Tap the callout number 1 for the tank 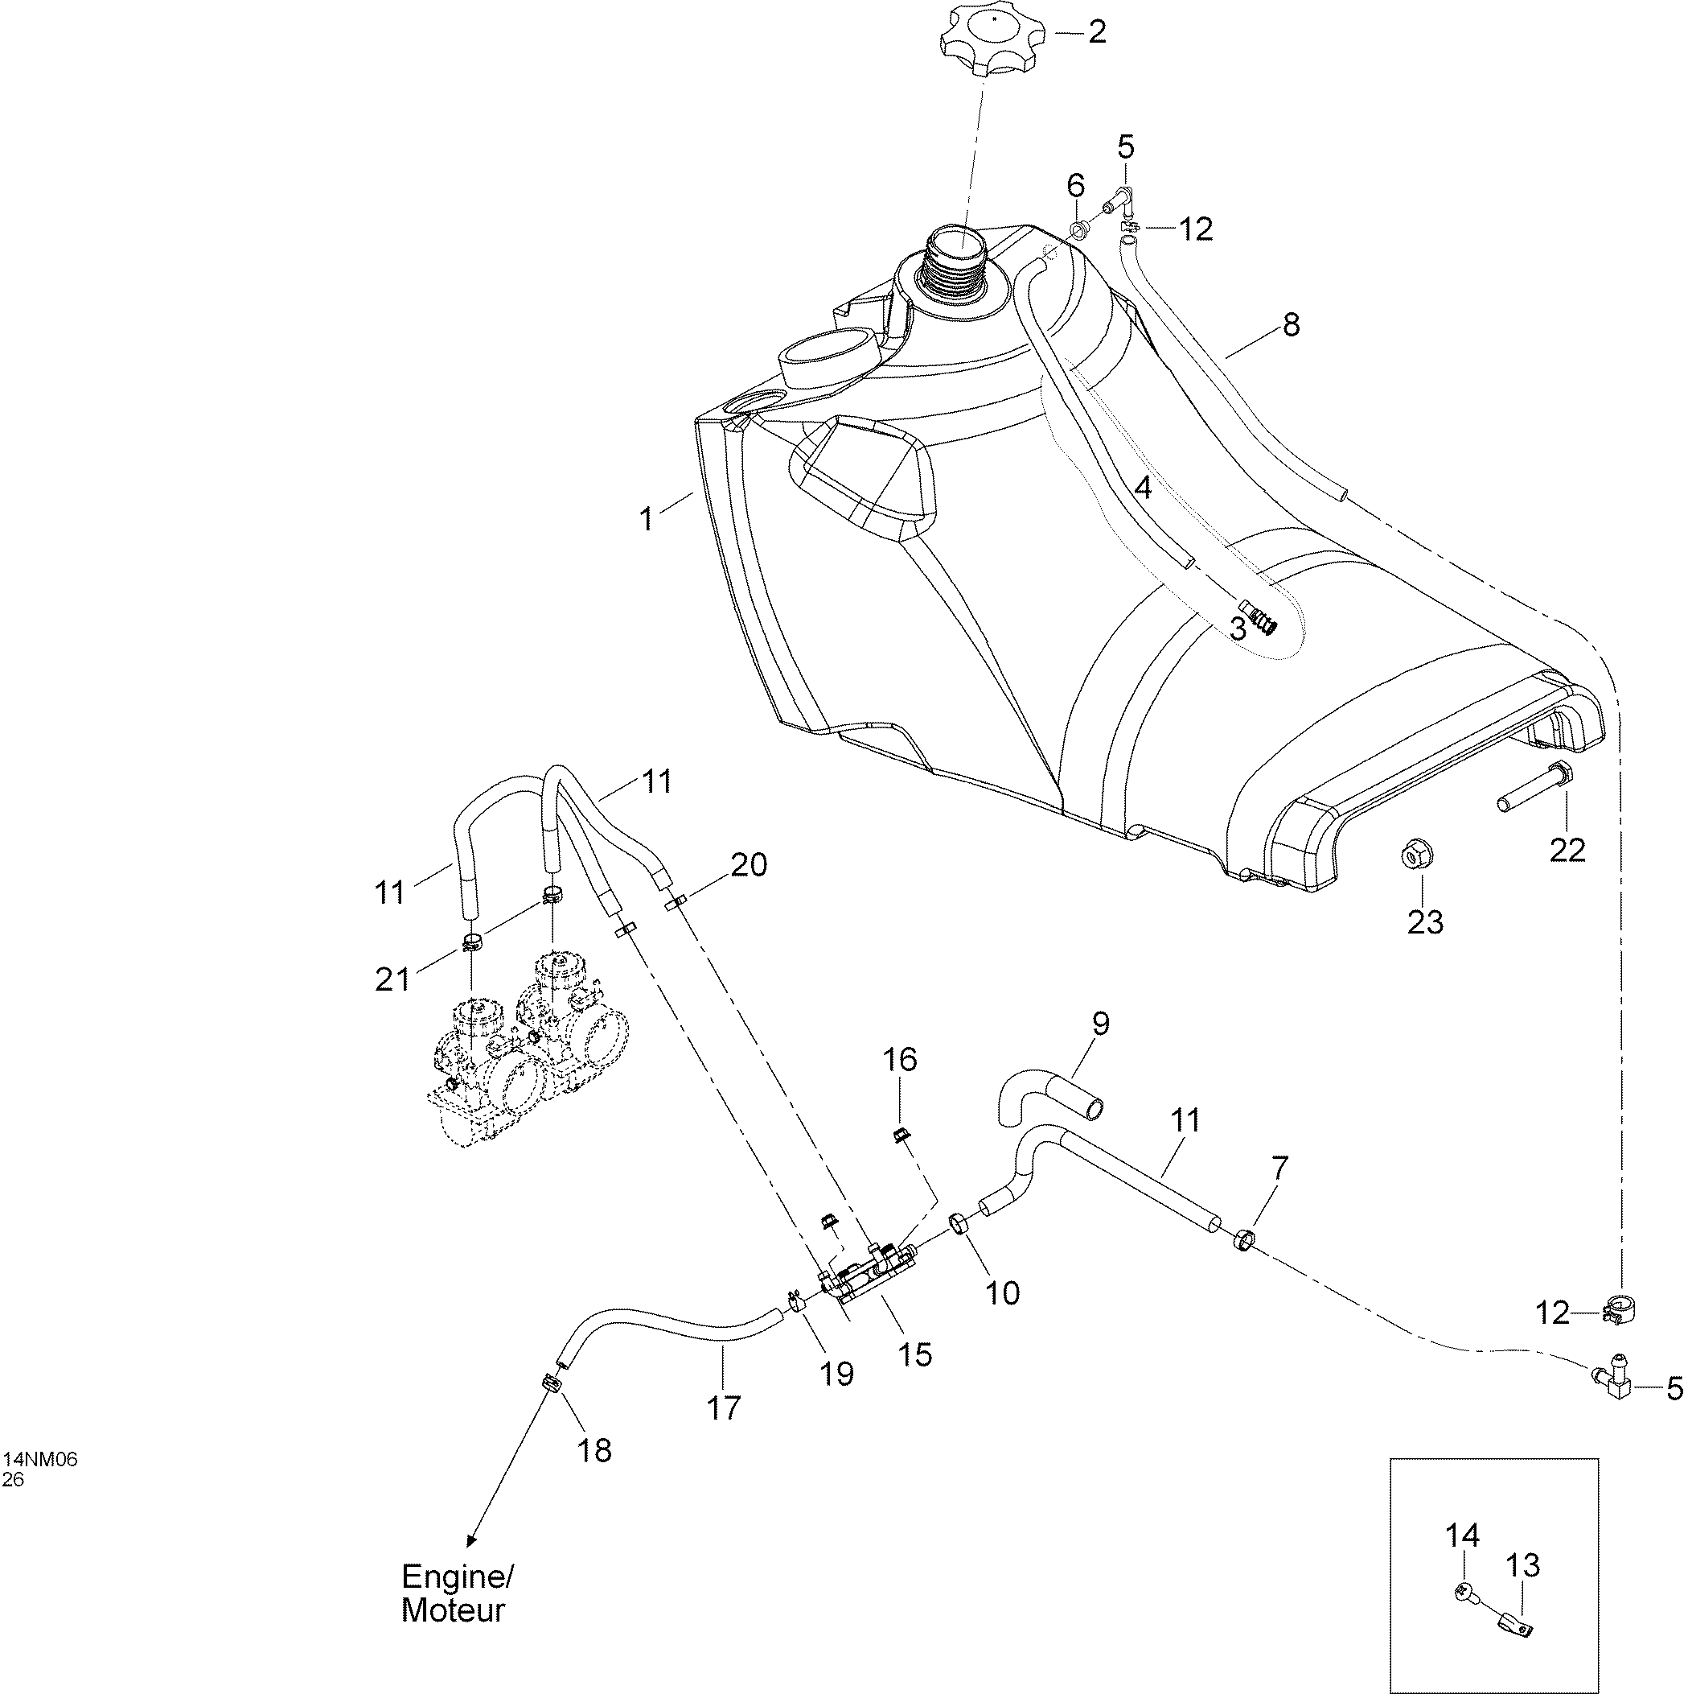pos(646,520)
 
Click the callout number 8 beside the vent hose pos(1290,325)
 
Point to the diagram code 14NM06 pos(41,1459)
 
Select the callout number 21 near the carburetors pos(392,979)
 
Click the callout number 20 pos(750,865)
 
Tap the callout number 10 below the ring pos(1004,1292)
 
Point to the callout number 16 pos(899,1059)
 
